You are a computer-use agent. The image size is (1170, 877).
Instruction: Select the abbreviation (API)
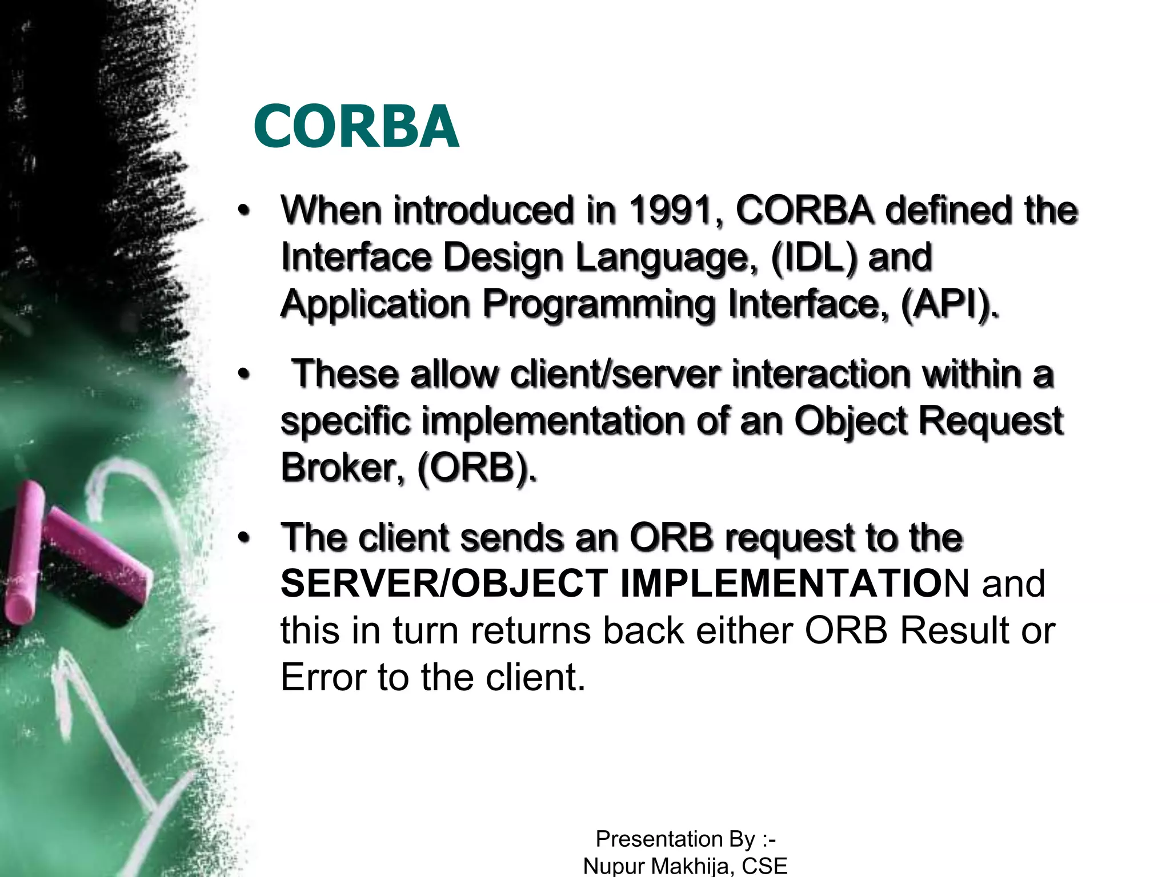(x=948, y=304)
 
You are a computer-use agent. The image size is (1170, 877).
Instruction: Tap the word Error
(x=322, y=677)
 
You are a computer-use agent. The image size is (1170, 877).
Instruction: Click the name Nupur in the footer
(x=614, y=866)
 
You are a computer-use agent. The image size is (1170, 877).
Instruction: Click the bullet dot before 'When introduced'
(x=244, y=210)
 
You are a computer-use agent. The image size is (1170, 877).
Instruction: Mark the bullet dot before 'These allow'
(x=244, y=375)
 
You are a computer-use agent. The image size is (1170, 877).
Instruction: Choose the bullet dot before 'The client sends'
(x=244, y=538)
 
